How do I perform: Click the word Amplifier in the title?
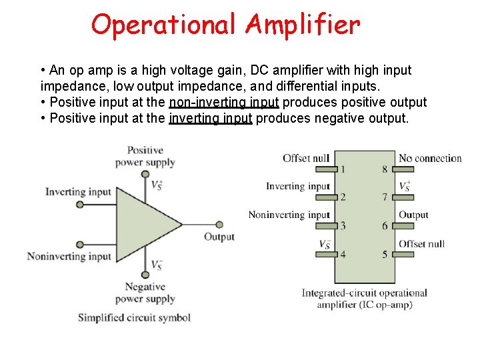click(303, 25)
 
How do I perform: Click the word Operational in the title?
click(164, 25)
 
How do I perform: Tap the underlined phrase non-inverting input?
click(224, 102)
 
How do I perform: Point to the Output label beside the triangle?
click(219, 237)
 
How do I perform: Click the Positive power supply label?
click(145, 156)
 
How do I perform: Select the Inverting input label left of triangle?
click(78, 192)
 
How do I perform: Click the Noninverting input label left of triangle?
click(69, 256)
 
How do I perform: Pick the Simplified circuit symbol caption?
click(134, 317)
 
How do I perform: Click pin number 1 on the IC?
click(343, 169)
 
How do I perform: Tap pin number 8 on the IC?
click(385, 169)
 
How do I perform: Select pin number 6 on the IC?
click(385, 226)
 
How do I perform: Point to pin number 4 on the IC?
click(343, 254)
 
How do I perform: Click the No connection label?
click(430, 158)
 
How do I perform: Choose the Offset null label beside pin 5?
click(421, 243)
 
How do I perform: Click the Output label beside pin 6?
click(413, 215)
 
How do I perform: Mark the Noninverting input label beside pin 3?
click(289, 215)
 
